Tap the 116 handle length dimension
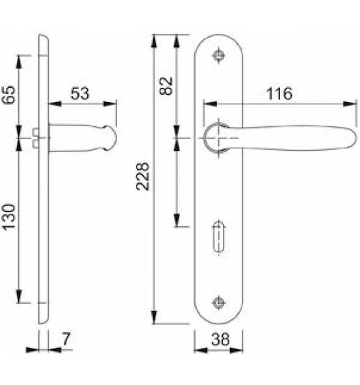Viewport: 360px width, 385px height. click(x=279, y=93)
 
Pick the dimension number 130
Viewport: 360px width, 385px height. click(x=9, y=220)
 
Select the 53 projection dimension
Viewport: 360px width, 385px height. click(x=79, y=93)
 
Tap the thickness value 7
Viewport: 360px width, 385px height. click(x=66, y=339)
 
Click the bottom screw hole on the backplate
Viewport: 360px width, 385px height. click(x=219, y=301)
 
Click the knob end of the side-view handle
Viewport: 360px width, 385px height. click(x=111, y=137)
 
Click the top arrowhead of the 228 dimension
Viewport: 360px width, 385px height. click(x=153, y=38)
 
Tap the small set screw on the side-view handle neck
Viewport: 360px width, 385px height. click(x=34, y=133)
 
